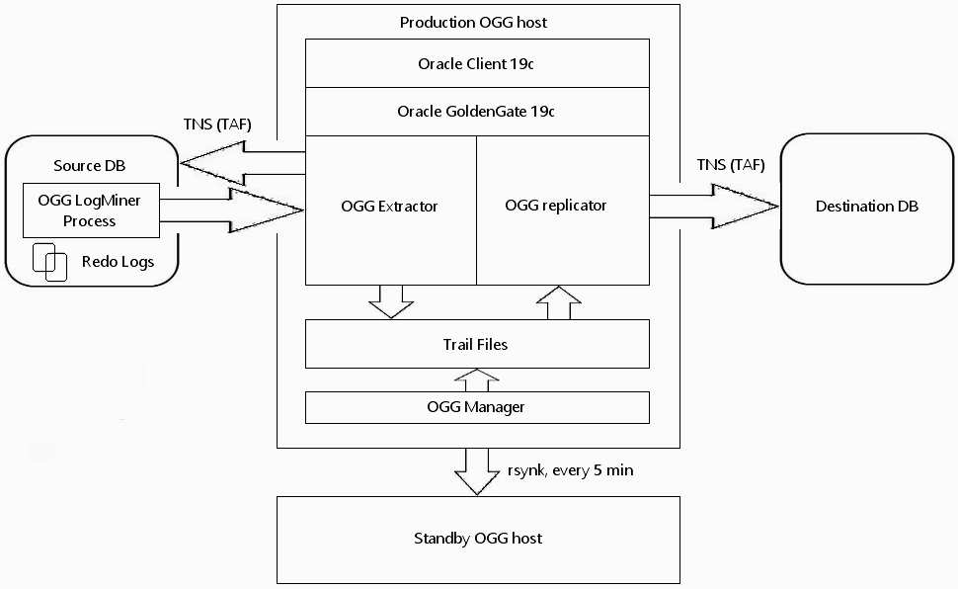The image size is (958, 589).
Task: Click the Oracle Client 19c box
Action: (477, 63)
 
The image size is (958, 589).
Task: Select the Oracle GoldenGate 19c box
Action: (477, 112)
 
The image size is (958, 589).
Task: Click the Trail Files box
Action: (477, 344)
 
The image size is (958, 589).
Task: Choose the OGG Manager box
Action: (477, 407)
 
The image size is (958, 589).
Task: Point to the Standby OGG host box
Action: (478, 540)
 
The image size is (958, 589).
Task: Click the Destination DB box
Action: (867, 209)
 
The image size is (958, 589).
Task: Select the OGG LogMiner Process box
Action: (91, 210)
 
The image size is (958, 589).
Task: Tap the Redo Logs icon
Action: (49, 263)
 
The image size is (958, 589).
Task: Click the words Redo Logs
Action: (118, 262)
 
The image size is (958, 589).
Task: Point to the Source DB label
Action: (89, 166)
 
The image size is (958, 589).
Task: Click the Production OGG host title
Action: (473, 23)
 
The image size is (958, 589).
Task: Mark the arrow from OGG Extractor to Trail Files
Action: (391, 301)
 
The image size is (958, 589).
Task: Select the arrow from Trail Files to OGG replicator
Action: (558, 302)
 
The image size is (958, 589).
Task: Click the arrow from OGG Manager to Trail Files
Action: (477, 379)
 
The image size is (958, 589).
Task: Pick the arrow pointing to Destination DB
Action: (714, 207)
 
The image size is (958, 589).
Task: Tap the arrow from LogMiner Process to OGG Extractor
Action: (231, 210)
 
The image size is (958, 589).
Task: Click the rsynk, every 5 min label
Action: (571, 470)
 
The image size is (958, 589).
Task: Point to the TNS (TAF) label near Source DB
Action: (217, 125)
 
